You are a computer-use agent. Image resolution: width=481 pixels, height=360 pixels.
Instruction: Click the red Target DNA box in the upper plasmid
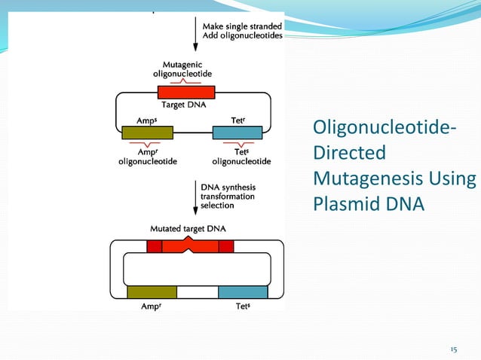point(186,91)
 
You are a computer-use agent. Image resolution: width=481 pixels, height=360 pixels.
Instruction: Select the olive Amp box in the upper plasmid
point(147,133)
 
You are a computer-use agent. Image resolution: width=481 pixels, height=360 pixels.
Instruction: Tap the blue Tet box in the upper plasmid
point(237,133)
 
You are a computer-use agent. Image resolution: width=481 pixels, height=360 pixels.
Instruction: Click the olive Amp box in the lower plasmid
point(152,292)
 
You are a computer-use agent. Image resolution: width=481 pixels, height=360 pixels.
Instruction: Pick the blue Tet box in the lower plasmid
point(243,292)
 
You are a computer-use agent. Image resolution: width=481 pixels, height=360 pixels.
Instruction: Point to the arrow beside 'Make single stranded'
point(195,33)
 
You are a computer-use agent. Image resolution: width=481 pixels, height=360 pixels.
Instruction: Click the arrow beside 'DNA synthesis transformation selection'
point(195,199)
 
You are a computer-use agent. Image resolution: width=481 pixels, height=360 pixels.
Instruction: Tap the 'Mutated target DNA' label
point(188,228)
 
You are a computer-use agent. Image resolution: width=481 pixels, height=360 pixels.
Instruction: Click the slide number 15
point(453,349)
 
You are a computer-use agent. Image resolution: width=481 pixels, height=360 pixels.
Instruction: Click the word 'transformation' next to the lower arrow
point(227,196)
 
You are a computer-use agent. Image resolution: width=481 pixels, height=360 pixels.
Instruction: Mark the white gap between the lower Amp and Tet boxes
point(198,292)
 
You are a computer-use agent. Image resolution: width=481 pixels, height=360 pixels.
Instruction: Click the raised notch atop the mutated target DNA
point(189,239)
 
